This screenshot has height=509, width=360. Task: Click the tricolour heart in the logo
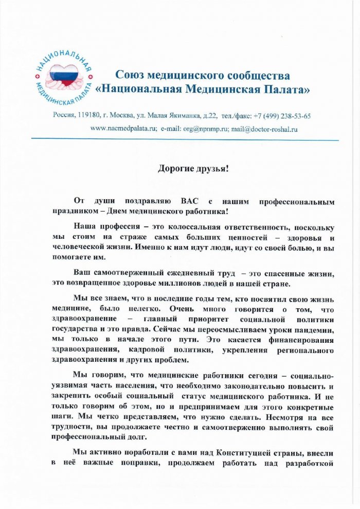click(x=64, y=74)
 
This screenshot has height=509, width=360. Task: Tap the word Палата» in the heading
click(x=289, y=90)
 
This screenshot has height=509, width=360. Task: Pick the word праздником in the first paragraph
click(x=74, y=211)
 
